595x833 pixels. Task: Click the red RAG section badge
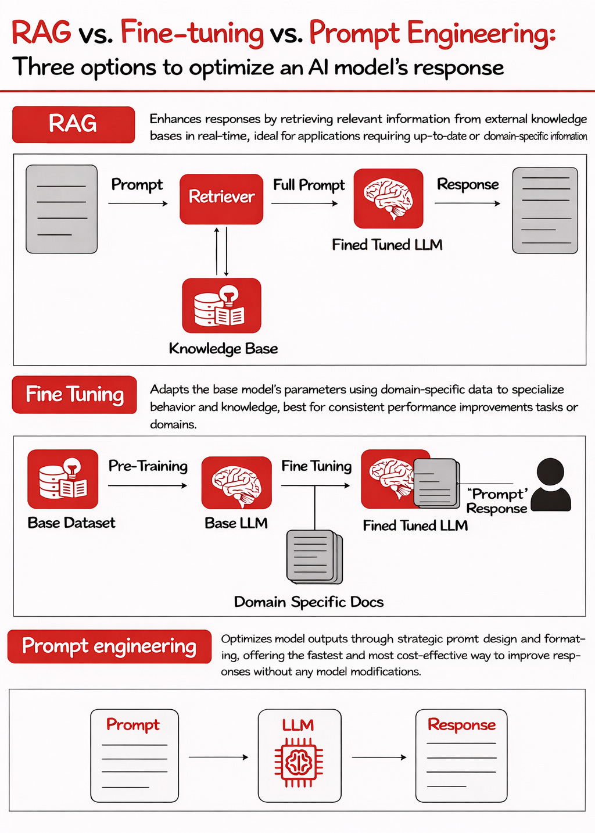(x=73, y=124)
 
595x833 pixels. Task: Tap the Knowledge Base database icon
(x=221, y=306)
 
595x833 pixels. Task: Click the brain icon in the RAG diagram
(x=388, y=199)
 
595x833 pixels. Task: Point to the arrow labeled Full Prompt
(x=304, y=203)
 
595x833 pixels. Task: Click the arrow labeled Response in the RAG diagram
(x=467, y=203)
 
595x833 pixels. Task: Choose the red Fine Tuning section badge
(x=74, y=395)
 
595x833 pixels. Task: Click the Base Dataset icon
(x=63, y=479)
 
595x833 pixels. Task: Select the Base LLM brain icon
(x=236, y=482)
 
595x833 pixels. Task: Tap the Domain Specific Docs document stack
(x=314, y=557)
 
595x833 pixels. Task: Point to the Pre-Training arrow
(x=148, y=485)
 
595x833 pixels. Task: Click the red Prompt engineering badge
(x=109, y=646)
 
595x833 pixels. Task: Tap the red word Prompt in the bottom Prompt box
(x=133, y=725)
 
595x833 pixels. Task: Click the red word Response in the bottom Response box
(x=461, y=725)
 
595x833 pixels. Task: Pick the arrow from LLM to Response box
(x=379, y=757)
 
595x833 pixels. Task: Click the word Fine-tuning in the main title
(x=192, y=33)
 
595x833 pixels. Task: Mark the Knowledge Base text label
(x=223, y=349)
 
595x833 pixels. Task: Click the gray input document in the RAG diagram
(x=62, y=209)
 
